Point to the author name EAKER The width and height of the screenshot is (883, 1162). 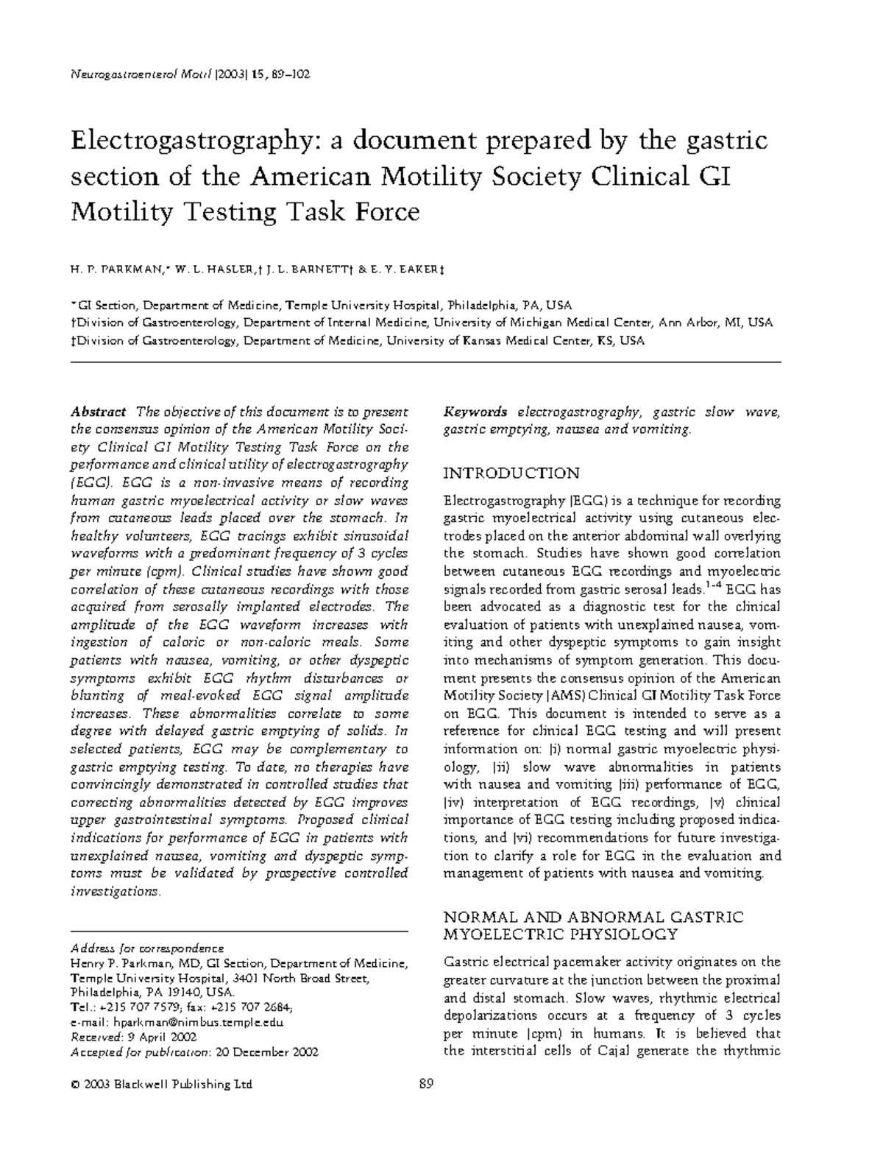coord(417,271)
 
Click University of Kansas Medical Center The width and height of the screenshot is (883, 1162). coord(486,341)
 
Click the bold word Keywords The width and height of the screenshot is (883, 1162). coord(475,412)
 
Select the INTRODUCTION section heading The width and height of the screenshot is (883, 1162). coord(512,473)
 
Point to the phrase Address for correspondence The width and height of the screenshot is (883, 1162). coord(146,948)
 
